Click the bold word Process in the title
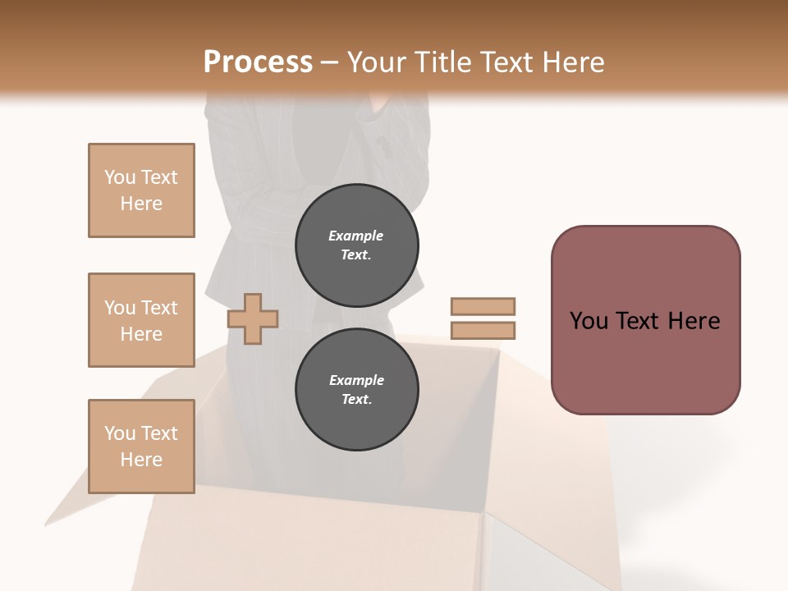click(x=258, y=62)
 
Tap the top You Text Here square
click(x=141, y=190)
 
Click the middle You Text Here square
click(x=141, y=320)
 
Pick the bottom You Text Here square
click(x=141, y=447)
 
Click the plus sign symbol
click(x=252, y=318)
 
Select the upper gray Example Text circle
click(x=356, y=245)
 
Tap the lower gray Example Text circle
click(x=356, y=389)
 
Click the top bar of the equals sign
click(x=483, y=306)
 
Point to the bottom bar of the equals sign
click(x=483, y=331)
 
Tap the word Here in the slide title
click(x=574, y=62)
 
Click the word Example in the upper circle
click(x=356, y=236)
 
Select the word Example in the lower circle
click(x=356, y=380)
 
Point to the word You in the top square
click(x=120, y=177)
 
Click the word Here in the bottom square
click(x=141, y=460)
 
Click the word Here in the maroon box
click(x=694, y=321)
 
